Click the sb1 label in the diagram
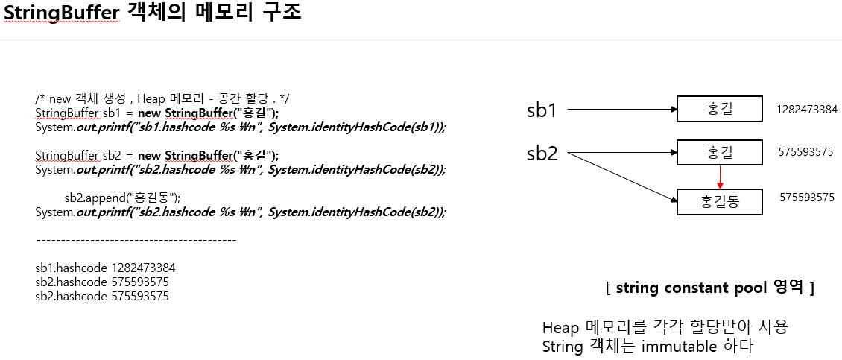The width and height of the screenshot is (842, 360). (542, 111)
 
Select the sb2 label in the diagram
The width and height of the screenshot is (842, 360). (542, 154)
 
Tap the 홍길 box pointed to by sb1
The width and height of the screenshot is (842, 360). (719, 110)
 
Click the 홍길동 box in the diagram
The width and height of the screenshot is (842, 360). (719, 201)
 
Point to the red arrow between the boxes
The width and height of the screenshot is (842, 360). (719, 177)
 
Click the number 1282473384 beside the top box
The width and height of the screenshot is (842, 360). (806, 110)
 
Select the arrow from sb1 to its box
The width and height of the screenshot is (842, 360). (622, 111)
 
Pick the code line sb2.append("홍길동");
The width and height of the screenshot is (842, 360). (122, 198)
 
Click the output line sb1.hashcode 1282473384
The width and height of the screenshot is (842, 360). (105, 268)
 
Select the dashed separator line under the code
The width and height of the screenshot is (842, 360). (136, 241)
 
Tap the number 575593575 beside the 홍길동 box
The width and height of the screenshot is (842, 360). (806, 198)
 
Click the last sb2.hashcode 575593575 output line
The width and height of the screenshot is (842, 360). (102, 297)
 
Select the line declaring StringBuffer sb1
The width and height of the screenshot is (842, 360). (156, 113)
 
